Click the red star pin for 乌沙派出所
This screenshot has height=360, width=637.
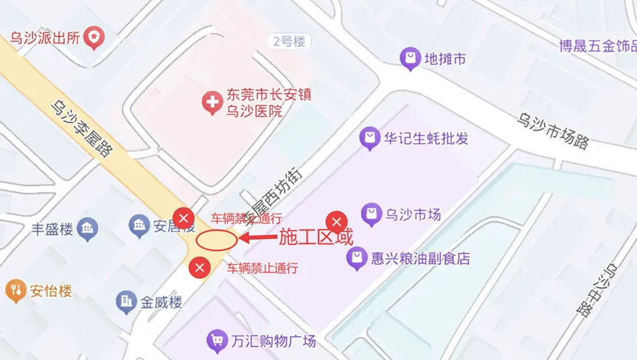[94, 35]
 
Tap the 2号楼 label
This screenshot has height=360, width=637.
[289, 41]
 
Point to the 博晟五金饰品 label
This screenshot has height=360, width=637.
[597, 46]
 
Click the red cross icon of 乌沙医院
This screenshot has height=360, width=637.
[212, 103]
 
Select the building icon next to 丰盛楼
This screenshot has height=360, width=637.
[88, 229]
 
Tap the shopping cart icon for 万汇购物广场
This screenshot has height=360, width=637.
[217, 341]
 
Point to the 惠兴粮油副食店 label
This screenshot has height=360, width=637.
[420, 258]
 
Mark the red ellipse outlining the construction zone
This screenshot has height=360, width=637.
[216, 239]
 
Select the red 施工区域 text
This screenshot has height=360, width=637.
[315, 238]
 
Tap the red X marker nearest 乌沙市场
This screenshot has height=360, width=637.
[337, 221]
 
